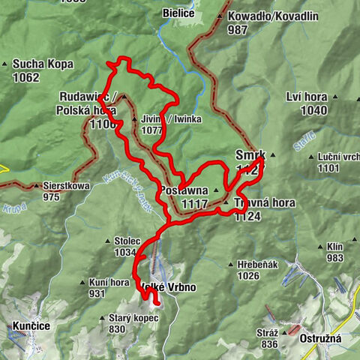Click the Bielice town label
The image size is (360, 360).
[178, 13]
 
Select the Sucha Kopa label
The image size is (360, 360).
[43, 64]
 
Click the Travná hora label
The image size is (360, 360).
[263, 203]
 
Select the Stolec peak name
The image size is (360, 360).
[127, 241]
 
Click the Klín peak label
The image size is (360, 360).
[334, 246]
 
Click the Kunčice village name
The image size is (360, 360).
[31, 326]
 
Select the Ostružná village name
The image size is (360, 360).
[320, 338]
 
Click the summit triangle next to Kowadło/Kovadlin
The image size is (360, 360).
[220, 16]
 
